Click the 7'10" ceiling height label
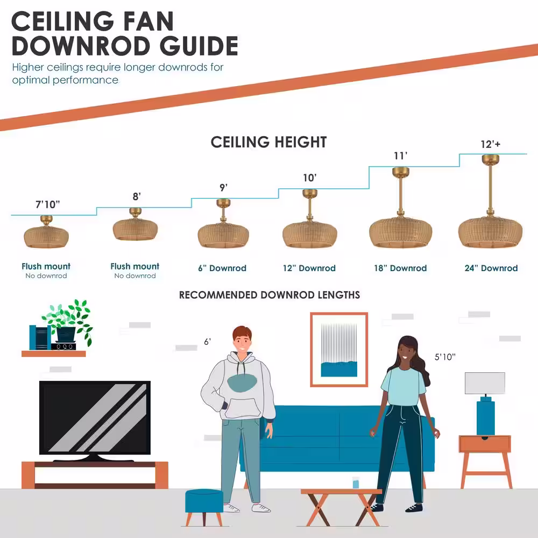48,204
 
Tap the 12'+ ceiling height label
490,144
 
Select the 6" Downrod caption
222,268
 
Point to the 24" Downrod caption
491,268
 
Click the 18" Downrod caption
400,268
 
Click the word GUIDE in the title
199,46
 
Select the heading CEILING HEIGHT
268,142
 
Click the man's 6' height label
207,342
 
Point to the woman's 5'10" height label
445,357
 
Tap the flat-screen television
95,420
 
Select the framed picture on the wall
339,349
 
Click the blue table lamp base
485,417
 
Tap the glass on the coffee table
356,483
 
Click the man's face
242,342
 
